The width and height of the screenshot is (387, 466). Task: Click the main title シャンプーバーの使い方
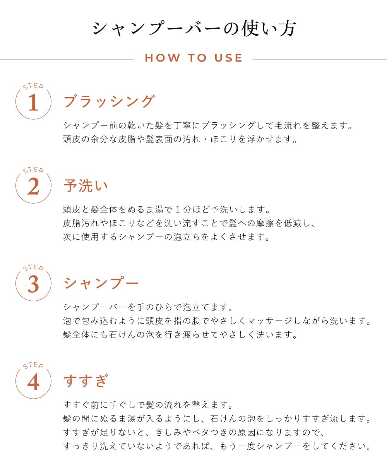(x=194, y=28)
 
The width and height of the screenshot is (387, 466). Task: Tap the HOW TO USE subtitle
(x=194, y=58)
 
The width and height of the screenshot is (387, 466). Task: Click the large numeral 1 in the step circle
(x=34, y=102)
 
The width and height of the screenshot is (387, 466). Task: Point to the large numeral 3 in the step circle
(x=33, y=284)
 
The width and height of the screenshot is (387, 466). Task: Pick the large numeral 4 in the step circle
(x=33, y=382)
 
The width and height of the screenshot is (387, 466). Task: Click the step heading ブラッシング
(x=109, y=101)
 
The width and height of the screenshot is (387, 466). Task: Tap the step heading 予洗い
(x=86, y=185)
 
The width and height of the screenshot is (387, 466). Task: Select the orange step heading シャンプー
(x=101, y=283)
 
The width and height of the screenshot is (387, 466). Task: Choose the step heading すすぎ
(x=86, y=381)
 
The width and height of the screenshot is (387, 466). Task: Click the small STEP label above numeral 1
(x=34, y=86)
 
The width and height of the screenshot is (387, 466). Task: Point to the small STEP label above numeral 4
(x=34, y=366)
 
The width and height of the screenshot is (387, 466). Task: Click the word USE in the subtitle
(x=228, y=58)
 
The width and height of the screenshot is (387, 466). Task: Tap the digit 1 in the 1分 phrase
(x=178, y=209)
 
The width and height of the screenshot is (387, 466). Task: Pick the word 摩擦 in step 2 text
(x=265, y=223)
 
